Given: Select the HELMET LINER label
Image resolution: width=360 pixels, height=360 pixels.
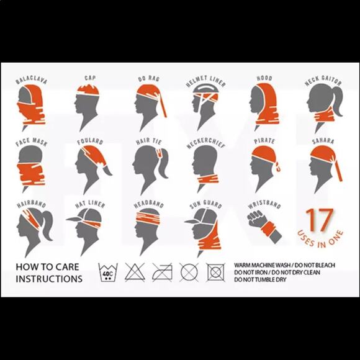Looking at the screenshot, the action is tap(205, 81).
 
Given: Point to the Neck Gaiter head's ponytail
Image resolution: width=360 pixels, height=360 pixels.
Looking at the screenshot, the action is tap(336, 101).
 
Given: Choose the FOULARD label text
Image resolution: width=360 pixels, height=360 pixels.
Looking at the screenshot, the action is tap(90, 141).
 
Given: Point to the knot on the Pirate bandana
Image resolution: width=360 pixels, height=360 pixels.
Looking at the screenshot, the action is tap(278, 166).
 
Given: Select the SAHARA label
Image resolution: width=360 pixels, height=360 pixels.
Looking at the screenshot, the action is tap(323, 141).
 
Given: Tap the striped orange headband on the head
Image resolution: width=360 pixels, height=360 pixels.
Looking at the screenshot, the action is tap(148, 217).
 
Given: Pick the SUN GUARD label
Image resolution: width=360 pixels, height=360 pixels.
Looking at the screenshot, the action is tap(205, 204).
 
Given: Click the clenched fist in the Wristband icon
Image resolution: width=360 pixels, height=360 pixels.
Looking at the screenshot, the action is tap(255, 218).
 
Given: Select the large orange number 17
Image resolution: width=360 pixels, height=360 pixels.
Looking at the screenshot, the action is tap(320, 220).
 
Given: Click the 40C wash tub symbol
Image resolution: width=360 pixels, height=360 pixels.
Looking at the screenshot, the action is tap(108, 272).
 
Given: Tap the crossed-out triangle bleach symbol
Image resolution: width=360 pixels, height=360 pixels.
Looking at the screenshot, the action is tap(135, 272).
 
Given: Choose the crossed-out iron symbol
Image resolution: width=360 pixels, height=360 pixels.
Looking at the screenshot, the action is tap(162, 272).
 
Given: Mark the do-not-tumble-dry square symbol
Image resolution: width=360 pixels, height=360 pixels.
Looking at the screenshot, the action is tap(215, 272).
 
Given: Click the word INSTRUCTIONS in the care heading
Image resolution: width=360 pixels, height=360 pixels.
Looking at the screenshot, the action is tap(49, 279).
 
